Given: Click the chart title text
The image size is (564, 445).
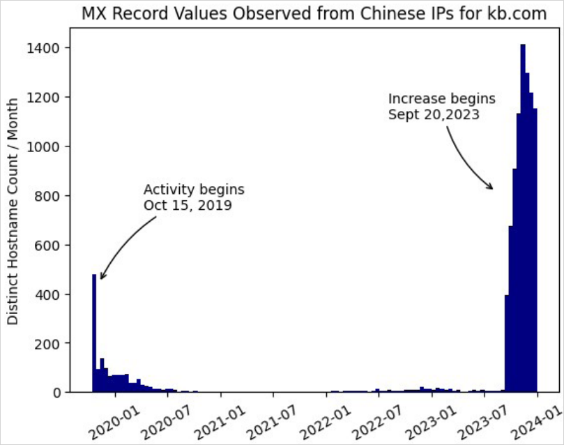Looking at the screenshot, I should point(314,15).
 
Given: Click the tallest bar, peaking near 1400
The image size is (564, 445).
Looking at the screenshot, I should point(523,209).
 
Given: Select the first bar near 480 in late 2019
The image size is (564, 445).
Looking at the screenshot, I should point(94,335).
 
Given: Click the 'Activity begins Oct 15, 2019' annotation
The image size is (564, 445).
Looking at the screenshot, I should point(193,197).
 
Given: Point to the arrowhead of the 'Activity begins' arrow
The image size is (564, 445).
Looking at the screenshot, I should point(101,278).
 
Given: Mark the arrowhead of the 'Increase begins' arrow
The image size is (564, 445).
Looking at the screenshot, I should point(492,188).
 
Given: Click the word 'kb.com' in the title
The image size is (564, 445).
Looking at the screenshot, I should point(524,15).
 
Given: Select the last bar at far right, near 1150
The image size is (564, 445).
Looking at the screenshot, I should point(535,251).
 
